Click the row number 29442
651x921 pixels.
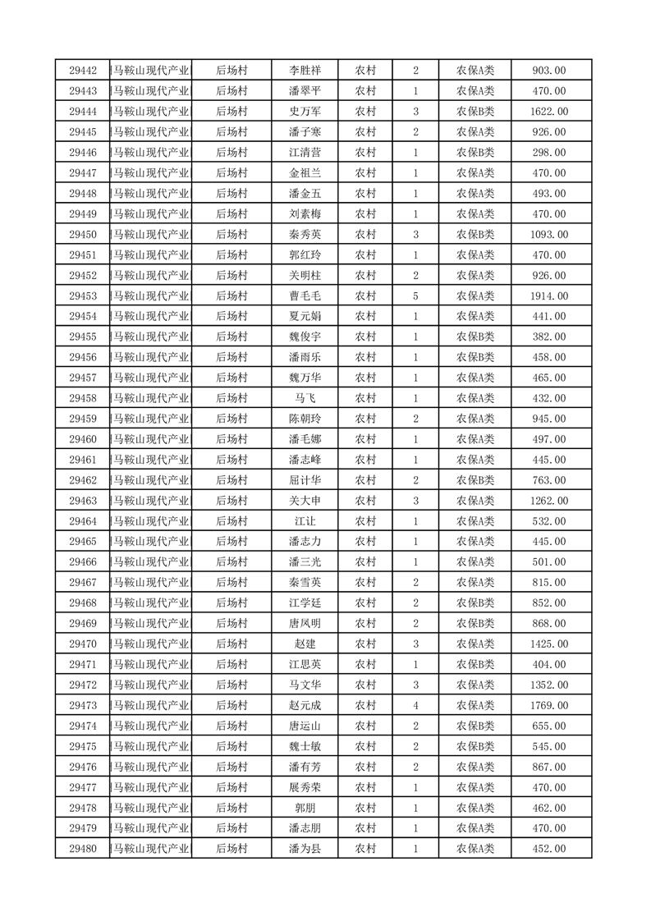[x=83, y=71]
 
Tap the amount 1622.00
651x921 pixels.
[x=548, y=112]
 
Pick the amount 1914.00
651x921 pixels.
[x=548, y=296]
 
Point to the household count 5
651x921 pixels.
[x=416, y=296]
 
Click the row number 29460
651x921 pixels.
[x=83, y=439]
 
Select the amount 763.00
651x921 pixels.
[x=548, y=480]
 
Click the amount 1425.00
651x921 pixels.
[x=548, y=644]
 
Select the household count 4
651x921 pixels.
[x=416, y=705]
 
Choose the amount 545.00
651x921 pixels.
[x=548, y=746]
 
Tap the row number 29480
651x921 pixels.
[x=83, y=849]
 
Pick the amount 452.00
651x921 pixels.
[x=548, y=849]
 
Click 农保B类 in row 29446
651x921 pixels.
[x=475, y=153]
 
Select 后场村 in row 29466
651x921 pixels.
[x=232, y=562]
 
